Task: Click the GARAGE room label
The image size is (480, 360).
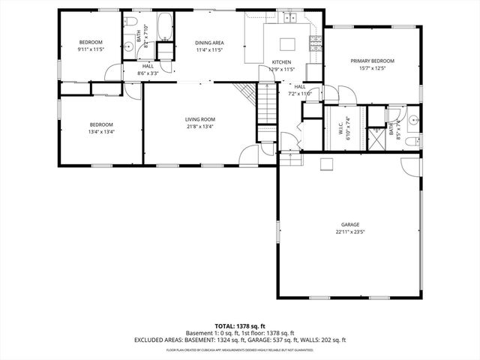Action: [350, 224]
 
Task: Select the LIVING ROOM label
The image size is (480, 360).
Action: [200, 119]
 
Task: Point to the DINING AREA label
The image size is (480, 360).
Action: [189, 43]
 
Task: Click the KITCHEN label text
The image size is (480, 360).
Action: [281, 62]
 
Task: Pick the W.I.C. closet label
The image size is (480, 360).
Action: [340, 128]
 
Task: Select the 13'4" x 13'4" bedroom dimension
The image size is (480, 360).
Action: [101, 132]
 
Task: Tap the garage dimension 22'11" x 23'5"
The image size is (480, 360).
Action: [350, 232]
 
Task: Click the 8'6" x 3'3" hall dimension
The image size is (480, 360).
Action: [148, 73]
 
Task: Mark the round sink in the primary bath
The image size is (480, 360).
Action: [413, 118]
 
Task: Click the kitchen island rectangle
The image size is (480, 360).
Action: [288, 44]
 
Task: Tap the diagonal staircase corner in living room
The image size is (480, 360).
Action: [243, 94]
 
